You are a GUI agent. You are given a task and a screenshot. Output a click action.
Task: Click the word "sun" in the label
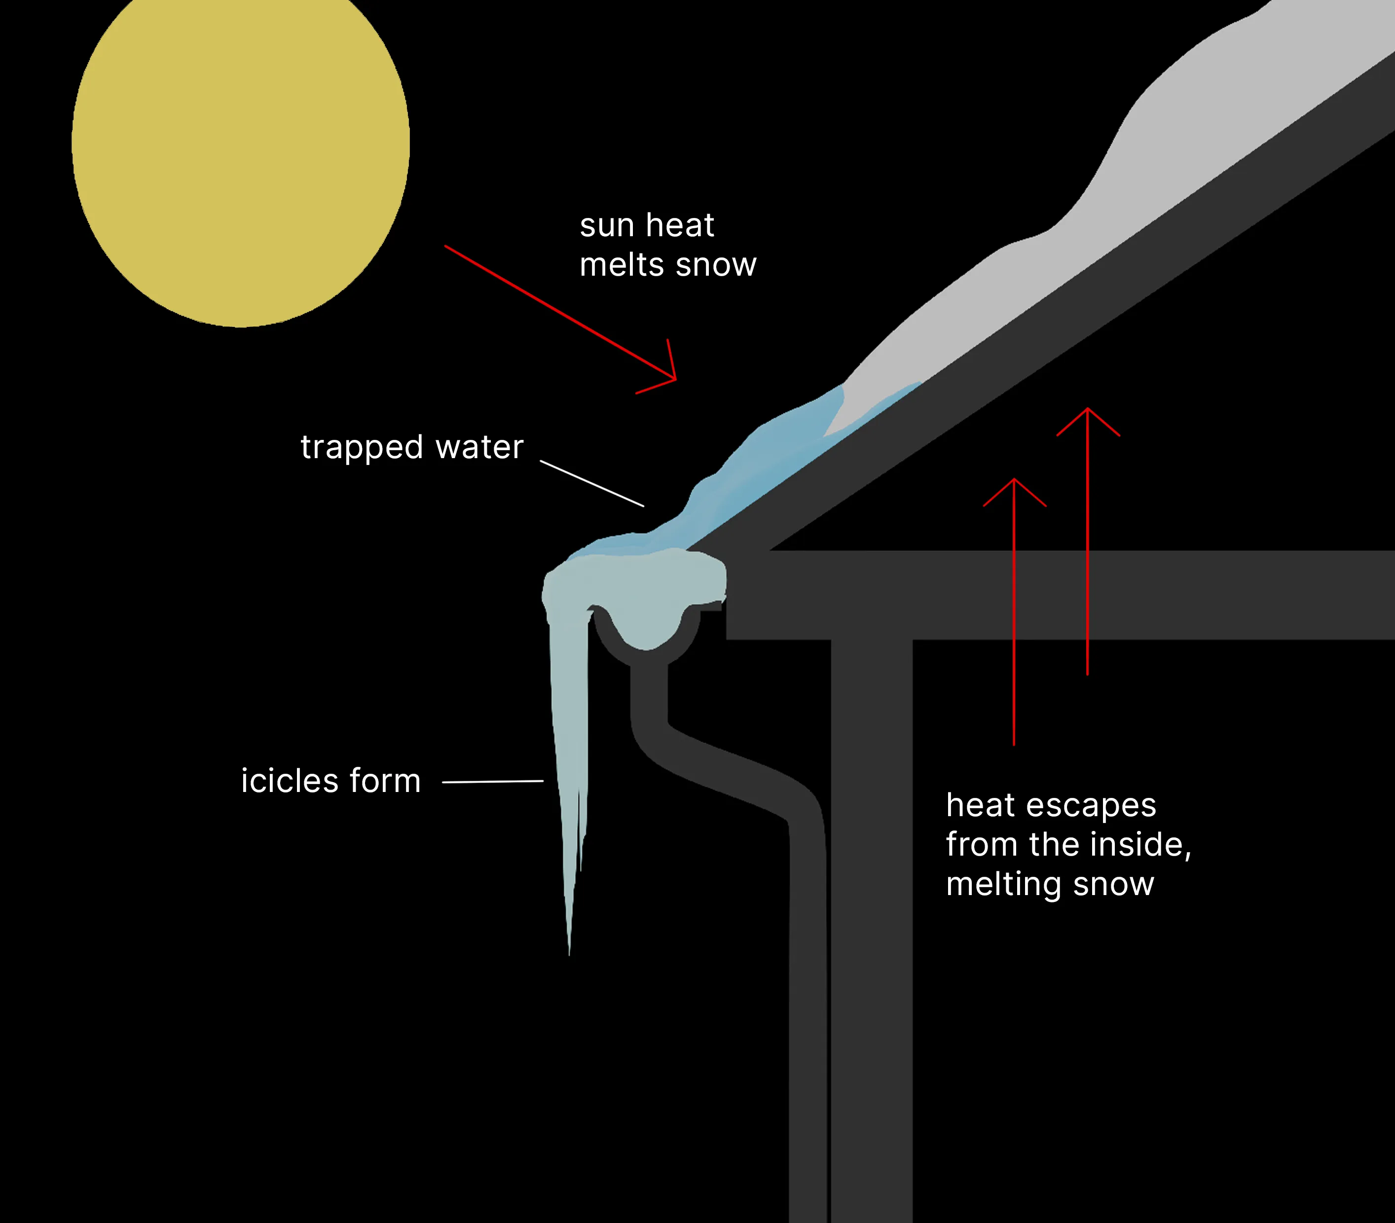pos(607,226)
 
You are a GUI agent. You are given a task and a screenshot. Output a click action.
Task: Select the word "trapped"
pos(362,448)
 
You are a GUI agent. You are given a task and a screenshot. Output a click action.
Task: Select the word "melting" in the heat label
pos(1003,885)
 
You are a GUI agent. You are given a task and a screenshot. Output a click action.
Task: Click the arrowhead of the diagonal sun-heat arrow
pos(673,377)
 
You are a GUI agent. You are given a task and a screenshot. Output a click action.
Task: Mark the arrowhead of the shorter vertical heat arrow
pos(1014,482)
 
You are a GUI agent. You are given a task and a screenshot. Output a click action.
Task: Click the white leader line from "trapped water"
pos(592,483)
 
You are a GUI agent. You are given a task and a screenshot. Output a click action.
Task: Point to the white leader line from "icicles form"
pos(493,782)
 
